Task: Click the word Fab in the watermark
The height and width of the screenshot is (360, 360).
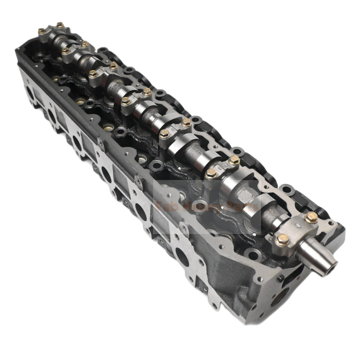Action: [x=167, y=208]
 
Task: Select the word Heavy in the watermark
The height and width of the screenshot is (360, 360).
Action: [x=201, y=208]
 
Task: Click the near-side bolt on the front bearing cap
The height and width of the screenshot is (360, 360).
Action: [x=283, y=239]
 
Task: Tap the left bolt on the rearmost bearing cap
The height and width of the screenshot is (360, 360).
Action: [x=41, y=31]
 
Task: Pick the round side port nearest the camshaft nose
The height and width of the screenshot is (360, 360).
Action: [x=182, y=257]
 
